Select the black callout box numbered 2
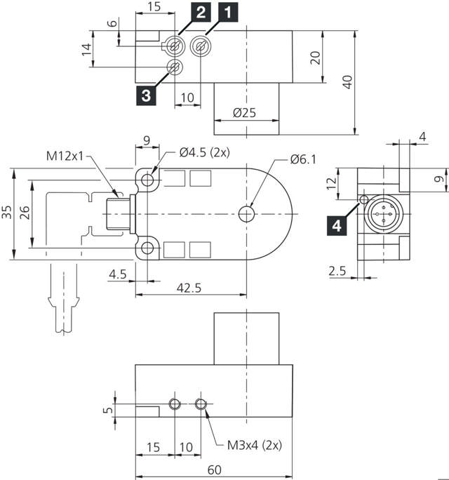[181, 13]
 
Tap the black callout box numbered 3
[145, 95]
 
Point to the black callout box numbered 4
[337, 225]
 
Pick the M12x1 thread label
[65, 156]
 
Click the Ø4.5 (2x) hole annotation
[204, 152]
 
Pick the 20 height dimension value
[315, 58]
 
